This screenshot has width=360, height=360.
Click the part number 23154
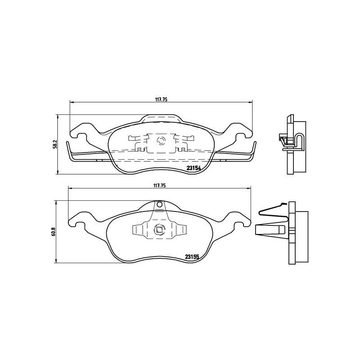193,169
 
